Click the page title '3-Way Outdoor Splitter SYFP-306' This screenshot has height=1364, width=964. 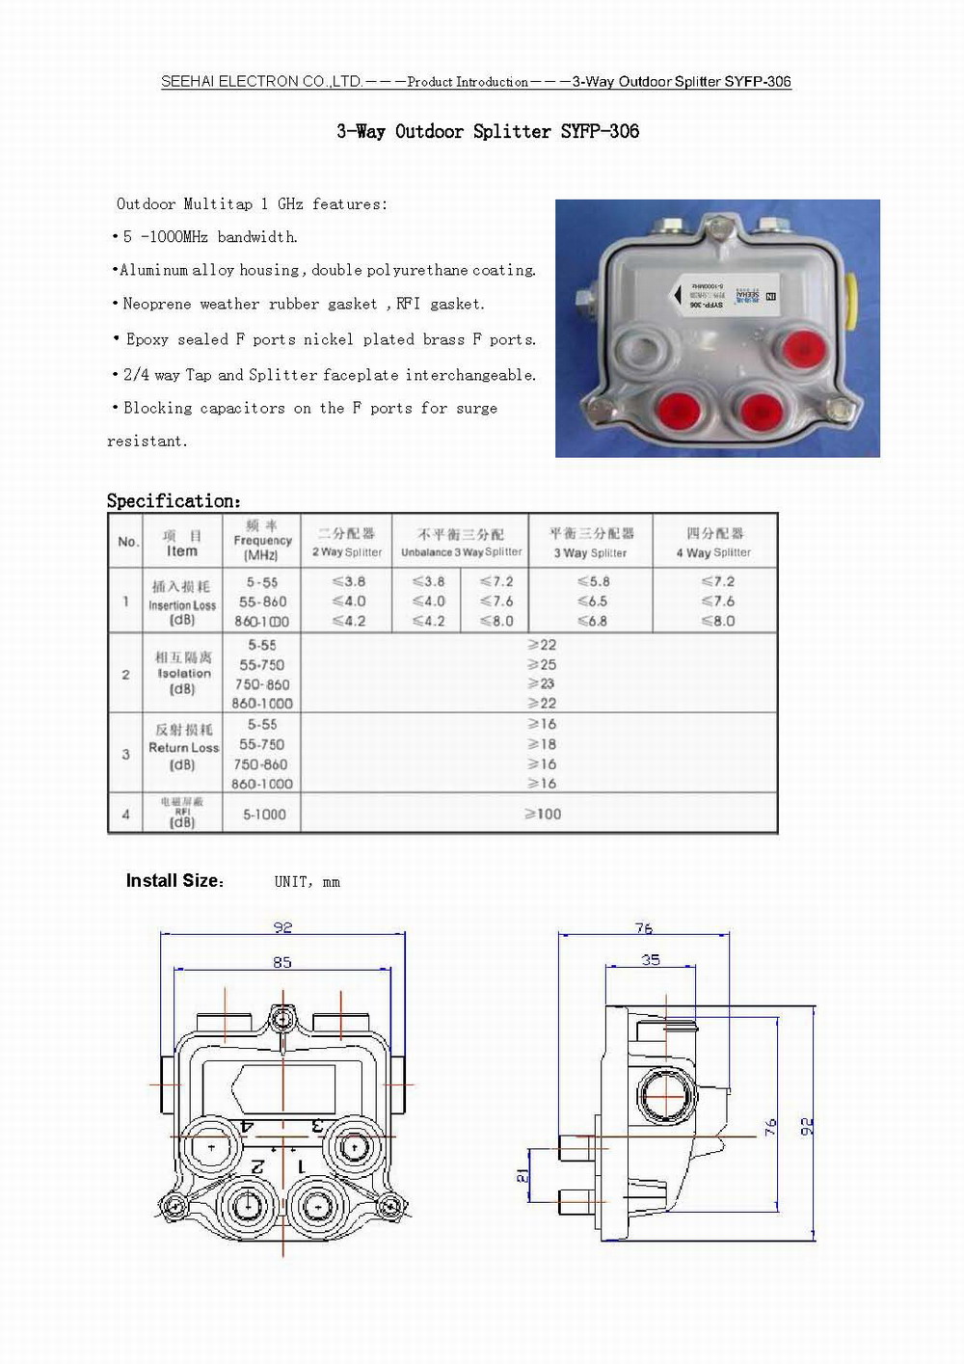coord(488,131)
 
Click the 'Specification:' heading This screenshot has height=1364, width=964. coord(174,500)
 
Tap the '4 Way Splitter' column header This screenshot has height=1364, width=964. coord(713,543)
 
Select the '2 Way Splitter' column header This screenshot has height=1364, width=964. coord(347,543)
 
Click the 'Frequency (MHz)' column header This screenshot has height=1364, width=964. coord(262,541)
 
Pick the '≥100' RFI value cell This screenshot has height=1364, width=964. coord(543,815)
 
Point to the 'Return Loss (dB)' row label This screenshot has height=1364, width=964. coord(183,747)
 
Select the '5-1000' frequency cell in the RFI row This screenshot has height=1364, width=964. coord(264,815)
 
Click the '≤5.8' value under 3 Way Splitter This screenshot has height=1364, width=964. coord(593,581)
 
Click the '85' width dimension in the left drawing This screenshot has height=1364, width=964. coord(282,962)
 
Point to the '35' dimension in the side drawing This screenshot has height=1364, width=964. coord(651,959)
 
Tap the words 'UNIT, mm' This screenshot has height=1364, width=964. coord(307,882)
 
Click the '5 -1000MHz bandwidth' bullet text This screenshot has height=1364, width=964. coord(210,237)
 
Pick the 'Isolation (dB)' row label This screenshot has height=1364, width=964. coord(183,673)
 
